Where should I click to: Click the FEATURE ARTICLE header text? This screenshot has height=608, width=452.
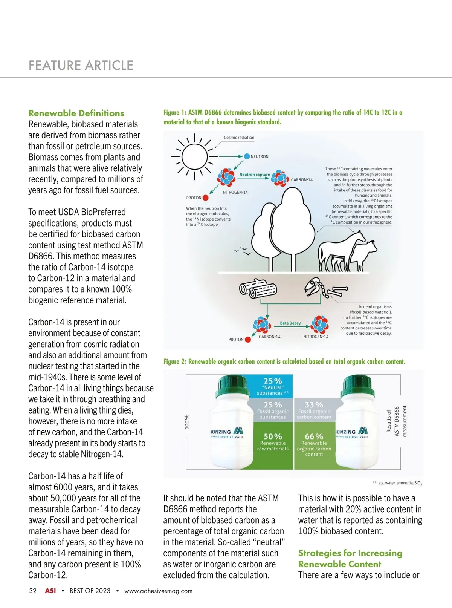point(81,66)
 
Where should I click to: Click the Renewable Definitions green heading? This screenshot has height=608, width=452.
point(76,113)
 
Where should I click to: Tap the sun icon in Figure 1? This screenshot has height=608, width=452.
point(194,156)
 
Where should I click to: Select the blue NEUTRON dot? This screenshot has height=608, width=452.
point(247,156)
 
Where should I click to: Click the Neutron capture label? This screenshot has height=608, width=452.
point(255,175)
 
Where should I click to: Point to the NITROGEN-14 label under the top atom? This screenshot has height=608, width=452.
point(235,192)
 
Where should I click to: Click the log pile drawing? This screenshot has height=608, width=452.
point(258,289)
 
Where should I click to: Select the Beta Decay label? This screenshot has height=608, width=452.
point(290,323)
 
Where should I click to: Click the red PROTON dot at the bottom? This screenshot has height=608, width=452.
point(248,340)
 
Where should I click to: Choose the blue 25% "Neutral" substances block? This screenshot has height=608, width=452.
point(273,386)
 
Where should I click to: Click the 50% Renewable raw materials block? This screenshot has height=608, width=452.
point(273,445)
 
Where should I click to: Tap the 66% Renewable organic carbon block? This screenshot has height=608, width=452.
point(314,445)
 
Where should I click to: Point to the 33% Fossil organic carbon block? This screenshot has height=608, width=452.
point(314,410)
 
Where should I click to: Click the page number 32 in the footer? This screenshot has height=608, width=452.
point(33,591)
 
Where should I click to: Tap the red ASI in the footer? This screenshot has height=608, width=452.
point(50,591)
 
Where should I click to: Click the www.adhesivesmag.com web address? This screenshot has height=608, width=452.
point(158,591)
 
